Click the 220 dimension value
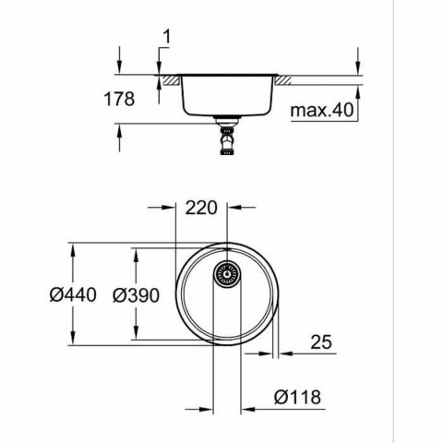pyautogui.click(x=203, y=208)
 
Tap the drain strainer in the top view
pyautogui.click(x=226, y=273)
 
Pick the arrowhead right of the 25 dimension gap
pyautogui.click(x=285, y=353)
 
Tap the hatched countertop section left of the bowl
pyautogui.click(x=168, y=79)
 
